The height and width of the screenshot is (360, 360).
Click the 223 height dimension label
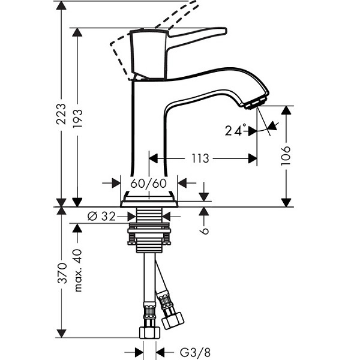(x=61, y=114)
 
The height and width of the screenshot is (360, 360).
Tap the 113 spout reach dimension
(x=200, y=158)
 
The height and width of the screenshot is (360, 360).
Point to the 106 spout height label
(x=286, y=155)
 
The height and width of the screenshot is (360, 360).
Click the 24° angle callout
(x=236, y=130)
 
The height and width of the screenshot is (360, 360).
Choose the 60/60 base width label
(x=149, y=183)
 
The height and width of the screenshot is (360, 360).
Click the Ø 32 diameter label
(x=101, y=216)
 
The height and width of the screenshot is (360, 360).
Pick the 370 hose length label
(x=62, y=273)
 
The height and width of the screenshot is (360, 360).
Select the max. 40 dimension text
(x=77, y=270)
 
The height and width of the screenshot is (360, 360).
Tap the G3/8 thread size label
(x=194, y=352)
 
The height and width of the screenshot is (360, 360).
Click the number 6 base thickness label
(x=204, y=231)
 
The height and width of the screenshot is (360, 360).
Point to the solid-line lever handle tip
(x=223, y=31)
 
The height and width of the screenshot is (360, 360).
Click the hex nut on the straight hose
(x=149, y=333)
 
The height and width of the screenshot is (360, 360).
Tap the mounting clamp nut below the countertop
(x=149, y=234)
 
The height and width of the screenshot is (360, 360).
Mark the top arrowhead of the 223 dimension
(x=61, y=5)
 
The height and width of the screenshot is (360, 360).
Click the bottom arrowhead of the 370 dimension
(x=61, y=334)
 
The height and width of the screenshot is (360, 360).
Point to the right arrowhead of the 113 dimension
(x=253, y=158)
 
